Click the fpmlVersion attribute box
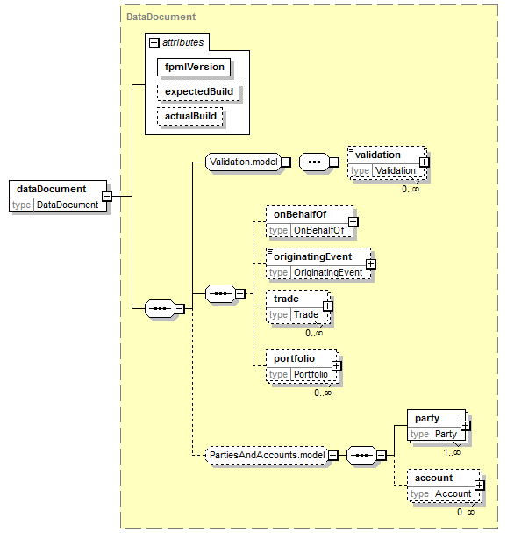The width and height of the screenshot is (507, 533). pyautogui.click(x=194, y=67)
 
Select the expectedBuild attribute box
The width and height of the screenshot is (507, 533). pyautogui.click(x=198, y=92)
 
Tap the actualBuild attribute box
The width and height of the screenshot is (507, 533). pyautogui.click(x=190, y=116)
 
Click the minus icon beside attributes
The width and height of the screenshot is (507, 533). pyautogui.click(x=154, y=43)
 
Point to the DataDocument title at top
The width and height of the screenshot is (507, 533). pyautogui.click(x=161, y=17)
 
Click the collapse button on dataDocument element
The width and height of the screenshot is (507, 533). pyautogui.click(x=107, y=196)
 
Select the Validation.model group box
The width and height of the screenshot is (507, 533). pyautogui.click(x=244, y=162)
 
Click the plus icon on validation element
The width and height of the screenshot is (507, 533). pyautogui.click(x=424, y=162)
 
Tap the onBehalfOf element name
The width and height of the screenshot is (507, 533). pyautogui.click(x=300, y=214)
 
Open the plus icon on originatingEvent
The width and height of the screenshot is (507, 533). pyautogui.click(x=371, y=264)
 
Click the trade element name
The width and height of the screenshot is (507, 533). pyautogui.click(x=286, y=299)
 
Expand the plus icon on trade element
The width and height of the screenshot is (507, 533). pyautogui.click(x=327, y=306)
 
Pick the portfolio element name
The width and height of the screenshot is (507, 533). pyautogui.click(x=294, y=358)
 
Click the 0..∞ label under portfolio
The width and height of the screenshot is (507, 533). pyautogui.click(x=323, y=393)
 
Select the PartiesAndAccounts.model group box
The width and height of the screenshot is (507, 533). pyautogui.click(x=268, y=455)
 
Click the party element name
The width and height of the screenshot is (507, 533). pyautogui.click(x=427, y=419)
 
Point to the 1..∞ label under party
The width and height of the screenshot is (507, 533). pyautogui.click(x=452, y=453)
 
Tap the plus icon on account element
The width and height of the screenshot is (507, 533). pyautogui.click(x=479, y=486)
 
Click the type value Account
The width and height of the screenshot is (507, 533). pyautogui.click(x=453, y=493)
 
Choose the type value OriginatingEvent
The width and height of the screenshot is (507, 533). pyautogui.click(x=328, y=272)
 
